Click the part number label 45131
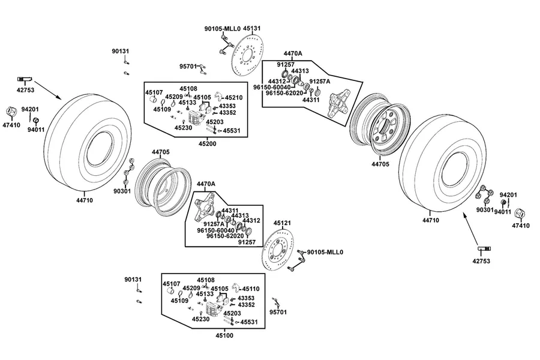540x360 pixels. (252, 29)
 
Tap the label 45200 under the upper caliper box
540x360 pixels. (208, 143)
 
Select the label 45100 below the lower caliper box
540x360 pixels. (224, 335)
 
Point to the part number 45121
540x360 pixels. (282, 223)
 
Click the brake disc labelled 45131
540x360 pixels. (247, 55)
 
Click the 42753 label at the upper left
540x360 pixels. (25, 90)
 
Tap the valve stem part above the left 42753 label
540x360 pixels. (25, 79)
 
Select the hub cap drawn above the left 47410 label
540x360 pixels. (11, 112)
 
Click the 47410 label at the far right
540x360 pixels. (521, 226)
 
